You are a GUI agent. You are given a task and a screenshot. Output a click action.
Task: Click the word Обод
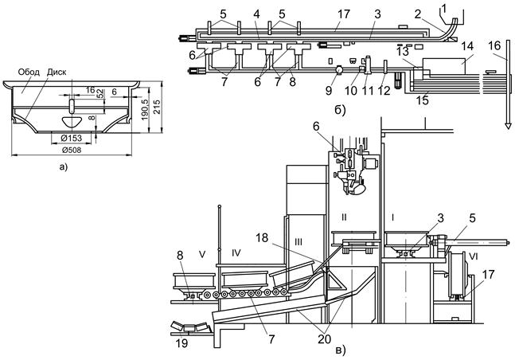click(x=29, y=72)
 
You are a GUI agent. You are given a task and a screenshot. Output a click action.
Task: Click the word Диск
click(x=57, y=72)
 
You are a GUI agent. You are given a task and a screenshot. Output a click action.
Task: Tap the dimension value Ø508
click(x=72, y=151)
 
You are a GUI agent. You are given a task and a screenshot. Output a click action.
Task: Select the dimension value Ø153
click(x=72, y=139)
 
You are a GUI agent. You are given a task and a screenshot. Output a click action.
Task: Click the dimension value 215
click(x=158, y=107)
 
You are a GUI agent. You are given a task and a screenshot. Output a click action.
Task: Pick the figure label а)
click(x=62, y=167)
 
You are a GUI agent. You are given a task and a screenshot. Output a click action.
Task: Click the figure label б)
click(x=340, y=111)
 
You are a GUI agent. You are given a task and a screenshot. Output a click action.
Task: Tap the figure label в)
click(x=340, y=350)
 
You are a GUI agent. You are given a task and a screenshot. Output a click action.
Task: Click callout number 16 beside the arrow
click(x=494, y=46)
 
